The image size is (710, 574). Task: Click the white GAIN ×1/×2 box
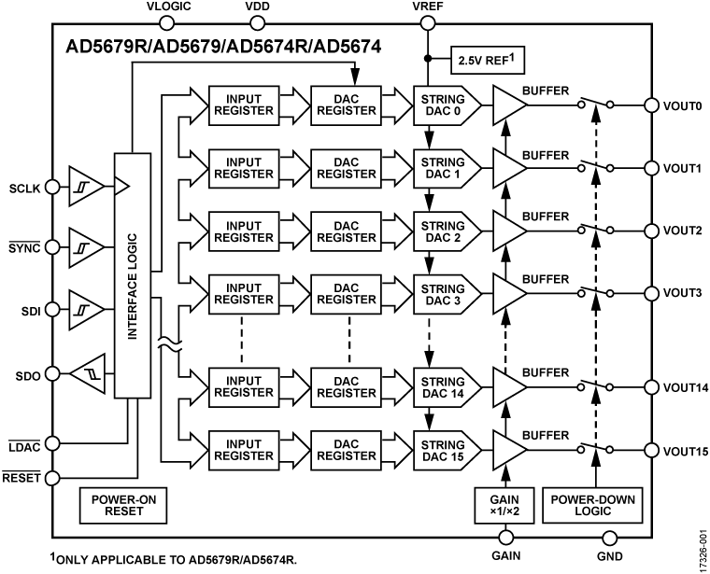click(x=504, y=505)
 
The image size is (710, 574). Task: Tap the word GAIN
click(x=504, y=499)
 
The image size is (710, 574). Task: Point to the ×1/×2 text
click(x=504, y=512)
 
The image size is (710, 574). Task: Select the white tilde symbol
click(x=169, y=344)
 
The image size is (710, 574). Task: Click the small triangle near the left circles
click(x=121, y=186)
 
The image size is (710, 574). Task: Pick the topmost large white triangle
click(x=508, y=105)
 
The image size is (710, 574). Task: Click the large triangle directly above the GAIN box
click(x=508, y=450)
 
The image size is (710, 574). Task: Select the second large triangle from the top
click(x=508, y=168)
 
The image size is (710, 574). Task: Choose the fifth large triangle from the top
click(x=508, y=387)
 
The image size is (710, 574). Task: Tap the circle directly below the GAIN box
click(x=506, y=538)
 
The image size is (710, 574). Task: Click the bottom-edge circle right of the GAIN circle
click(x=610, y=538)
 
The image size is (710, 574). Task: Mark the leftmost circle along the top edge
click(x=166, y=22)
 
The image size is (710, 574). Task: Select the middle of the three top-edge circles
click(x=258, y=22)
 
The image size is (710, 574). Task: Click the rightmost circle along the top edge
click(x=428, y=22)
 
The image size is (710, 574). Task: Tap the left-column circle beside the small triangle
click(x=52, y=187)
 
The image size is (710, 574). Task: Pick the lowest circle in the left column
click(x=52, y=478)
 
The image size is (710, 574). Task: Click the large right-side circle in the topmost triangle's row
click(x=652, y=105)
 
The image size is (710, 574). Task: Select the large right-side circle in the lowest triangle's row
click(x=652, y=450)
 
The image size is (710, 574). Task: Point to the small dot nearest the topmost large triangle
click(x=581, y=105)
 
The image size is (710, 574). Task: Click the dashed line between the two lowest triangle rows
click(x=596, y=418)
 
